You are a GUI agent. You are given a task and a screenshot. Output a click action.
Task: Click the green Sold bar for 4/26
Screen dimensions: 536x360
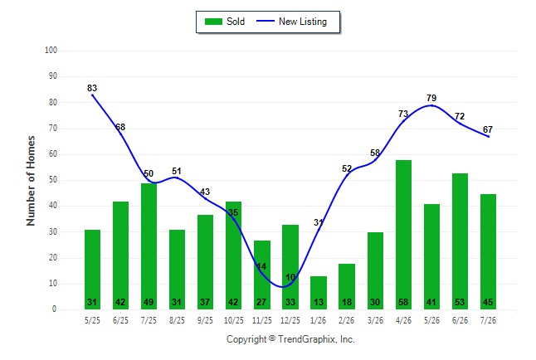tap(403, 235)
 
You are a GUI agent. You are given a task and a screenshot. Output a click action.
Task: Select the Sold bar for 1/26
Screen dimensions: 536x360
tap(319, 293)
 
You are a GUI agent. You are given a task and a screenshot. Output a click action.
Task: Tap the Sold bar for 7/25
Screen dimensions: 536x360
tap(149, 246)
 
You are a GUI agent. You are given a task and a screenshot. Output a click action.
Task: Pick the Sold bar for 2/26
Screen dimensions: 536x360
tap(347, 286)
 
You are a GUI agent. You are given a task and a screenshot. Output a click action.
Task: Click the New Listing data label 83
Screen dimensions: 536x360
tap(92, 88)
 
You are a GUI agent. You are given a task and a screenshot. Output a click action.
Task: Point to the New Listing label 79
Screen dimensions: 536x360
tap(431, 98)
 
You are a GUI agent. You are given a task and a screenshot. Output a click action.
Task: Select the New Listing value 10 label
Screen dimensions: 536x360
tap(290, 277)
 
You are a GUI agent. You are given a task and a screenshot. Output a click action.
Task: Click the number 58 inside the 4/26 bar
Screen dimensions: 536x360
tap(403, 302)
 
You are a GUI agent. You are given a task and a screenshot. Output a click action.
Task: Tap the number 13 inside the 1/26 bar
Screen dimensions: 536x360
tap(319, 302)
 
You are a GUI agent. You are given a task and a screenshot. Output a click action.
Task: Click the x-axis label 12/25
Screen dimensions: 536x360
tap(290, 321)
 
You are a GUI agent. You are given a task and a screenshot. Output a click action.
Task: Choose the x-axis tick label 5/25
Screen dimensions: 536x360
tap(92, 321)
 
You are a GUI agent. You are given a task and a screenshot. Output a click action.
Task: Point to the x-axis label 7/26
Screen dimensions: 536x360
tap(488, 321)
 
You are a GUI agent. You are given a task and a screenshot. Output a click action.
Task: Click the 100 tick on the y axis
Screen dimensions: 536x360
tap(51, 51)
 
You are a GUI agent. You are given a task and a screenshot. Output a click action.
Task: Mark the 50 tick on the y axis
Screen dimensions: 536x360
tap(53, 180)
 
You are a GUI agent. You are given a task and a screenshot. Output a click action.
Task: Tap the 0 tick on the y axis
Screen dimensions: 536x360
tap(55, 309)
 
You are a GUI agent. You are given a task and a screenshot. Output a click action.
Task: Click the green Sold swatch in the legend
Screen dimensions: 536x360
tap(213, 22)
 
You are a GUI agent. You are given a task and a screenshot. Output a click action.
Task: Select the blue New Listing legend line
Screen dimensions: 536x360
tap(266, 22)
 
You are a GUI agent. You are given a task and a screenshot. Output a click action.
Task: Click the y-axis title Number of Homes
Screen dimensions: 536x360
tap(31, 181)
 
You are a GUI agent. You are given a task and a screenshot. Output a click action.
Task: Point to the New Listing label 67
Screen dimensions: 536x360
tap(488, 129)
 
